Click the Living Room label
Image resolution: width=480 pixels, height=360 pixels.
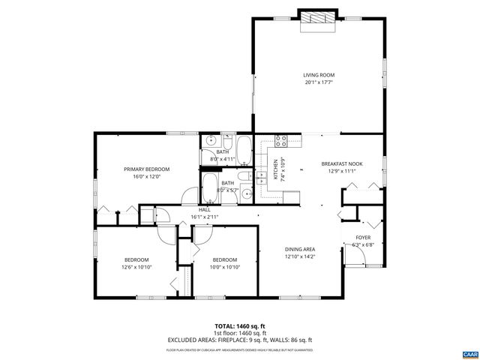318,75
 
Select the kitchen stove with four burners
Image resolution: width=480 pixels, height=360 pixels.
281,139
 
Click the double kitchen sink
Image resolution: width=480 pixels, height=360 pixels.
262,178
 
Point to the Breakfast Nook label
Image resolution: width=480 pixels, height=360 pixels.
342,163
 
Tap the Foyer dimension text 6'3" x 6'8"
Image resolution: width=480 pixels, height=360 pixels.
362,244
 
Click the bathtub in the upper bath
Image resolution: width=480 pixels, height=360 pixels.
244,146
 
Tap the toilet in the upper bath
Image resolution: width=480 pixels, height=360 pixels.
228,140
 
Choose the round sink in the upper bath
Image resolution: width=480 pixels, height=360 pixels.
211,140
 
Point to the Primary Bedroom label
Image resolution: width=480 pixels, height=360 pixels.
147,169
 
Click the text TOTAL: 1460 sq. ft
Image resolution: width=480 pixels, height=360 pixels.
240,326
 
